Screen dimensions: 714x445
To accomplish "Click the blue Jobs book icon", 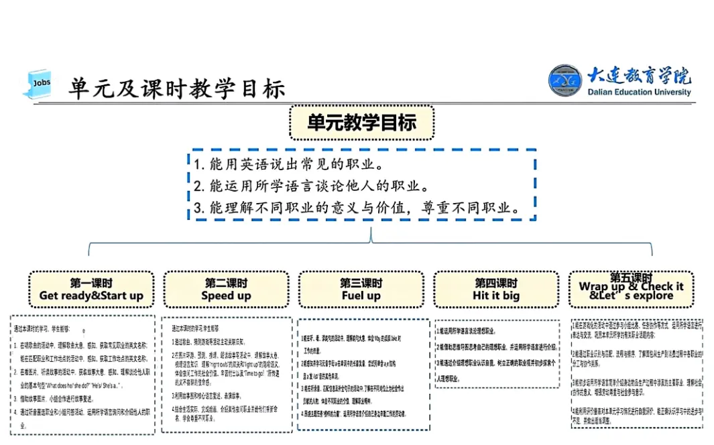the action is point(39,84).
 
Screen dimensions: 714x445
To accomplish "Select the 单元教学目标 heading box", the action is point(361,123).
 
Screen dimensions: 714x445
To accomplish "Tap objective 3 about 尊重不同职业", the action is point(357,207).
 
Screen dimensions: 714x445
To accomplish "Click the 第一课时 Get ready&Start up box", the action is point(91,290).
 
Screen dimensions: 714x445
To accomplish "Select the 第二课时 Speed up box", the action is point(226,290).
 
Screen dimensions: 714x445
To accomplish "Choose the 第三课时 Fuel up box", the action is point(361,290).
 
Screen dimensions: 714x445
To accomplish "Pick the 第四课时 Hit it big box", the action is point(496,290).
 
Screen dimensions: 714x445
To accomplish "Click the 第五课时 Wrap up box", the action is point(631,288).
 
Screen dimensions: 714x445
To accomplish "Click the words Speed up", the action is point(226,296).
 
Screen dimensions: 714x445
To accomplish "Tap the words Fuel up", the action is point(361,296).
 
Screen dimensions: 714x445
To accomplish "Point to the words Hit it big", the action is point(496,296).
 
